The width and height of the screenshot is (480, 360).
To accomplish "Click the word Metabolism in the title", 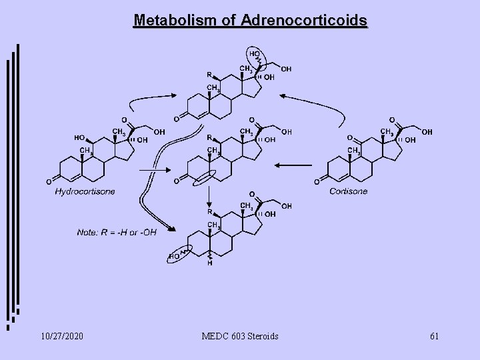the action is pyautogui.click(x=171, y=21).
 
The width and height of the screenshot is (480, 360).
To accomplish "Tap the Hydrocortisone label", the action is pyautogui.click(x=85, y=192).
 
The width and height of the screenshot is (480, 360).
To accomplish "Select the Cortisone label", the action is pyautogui.click(x=349, y=192).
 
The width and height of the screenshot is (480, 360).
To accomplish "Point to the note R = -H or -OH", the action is pyautogui.click(x=117, y=231).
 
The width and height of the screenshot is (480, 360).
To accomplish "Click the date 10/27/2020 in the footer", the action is pyautogui.click(x=61, y=335).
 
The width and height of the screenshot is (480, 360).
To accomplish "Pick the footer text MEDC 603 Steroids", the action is pyautogui.click(x=239, y=335).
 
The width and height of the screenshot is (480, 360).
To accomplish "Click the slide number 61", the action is pyautogui.click(x=434, y=335).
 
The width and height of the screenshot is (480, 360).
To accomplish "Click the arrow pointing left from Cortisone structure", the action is pyautogui.click(x=293, y=165).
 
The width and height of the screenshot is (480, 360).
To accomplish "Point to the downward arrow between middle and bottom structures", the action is pyautogui.click(x=209, y=195).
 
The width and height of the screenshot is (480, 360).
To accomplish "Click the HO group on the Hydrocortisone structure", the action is pyautogui.click(x=79, y=138).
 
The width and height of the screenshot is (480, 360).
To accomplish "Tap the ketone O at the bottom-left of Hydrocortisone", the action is pyautogui.click(x=49, y=181).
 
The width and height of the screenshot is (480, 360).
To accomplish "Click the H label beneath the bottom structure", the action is pyautogui.click(x=209, y=263).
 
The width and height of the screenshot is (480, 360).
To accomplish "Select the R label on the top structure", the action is pyautogui.click(x=209, y=75).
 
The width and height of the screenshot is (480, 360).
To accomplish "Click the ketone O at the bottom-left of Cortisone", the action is pyautogui.click(x=315, y=181).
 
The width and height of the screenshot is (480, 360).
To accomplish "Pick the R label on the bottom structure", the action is pyautogui.click(x=209, y=212).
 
